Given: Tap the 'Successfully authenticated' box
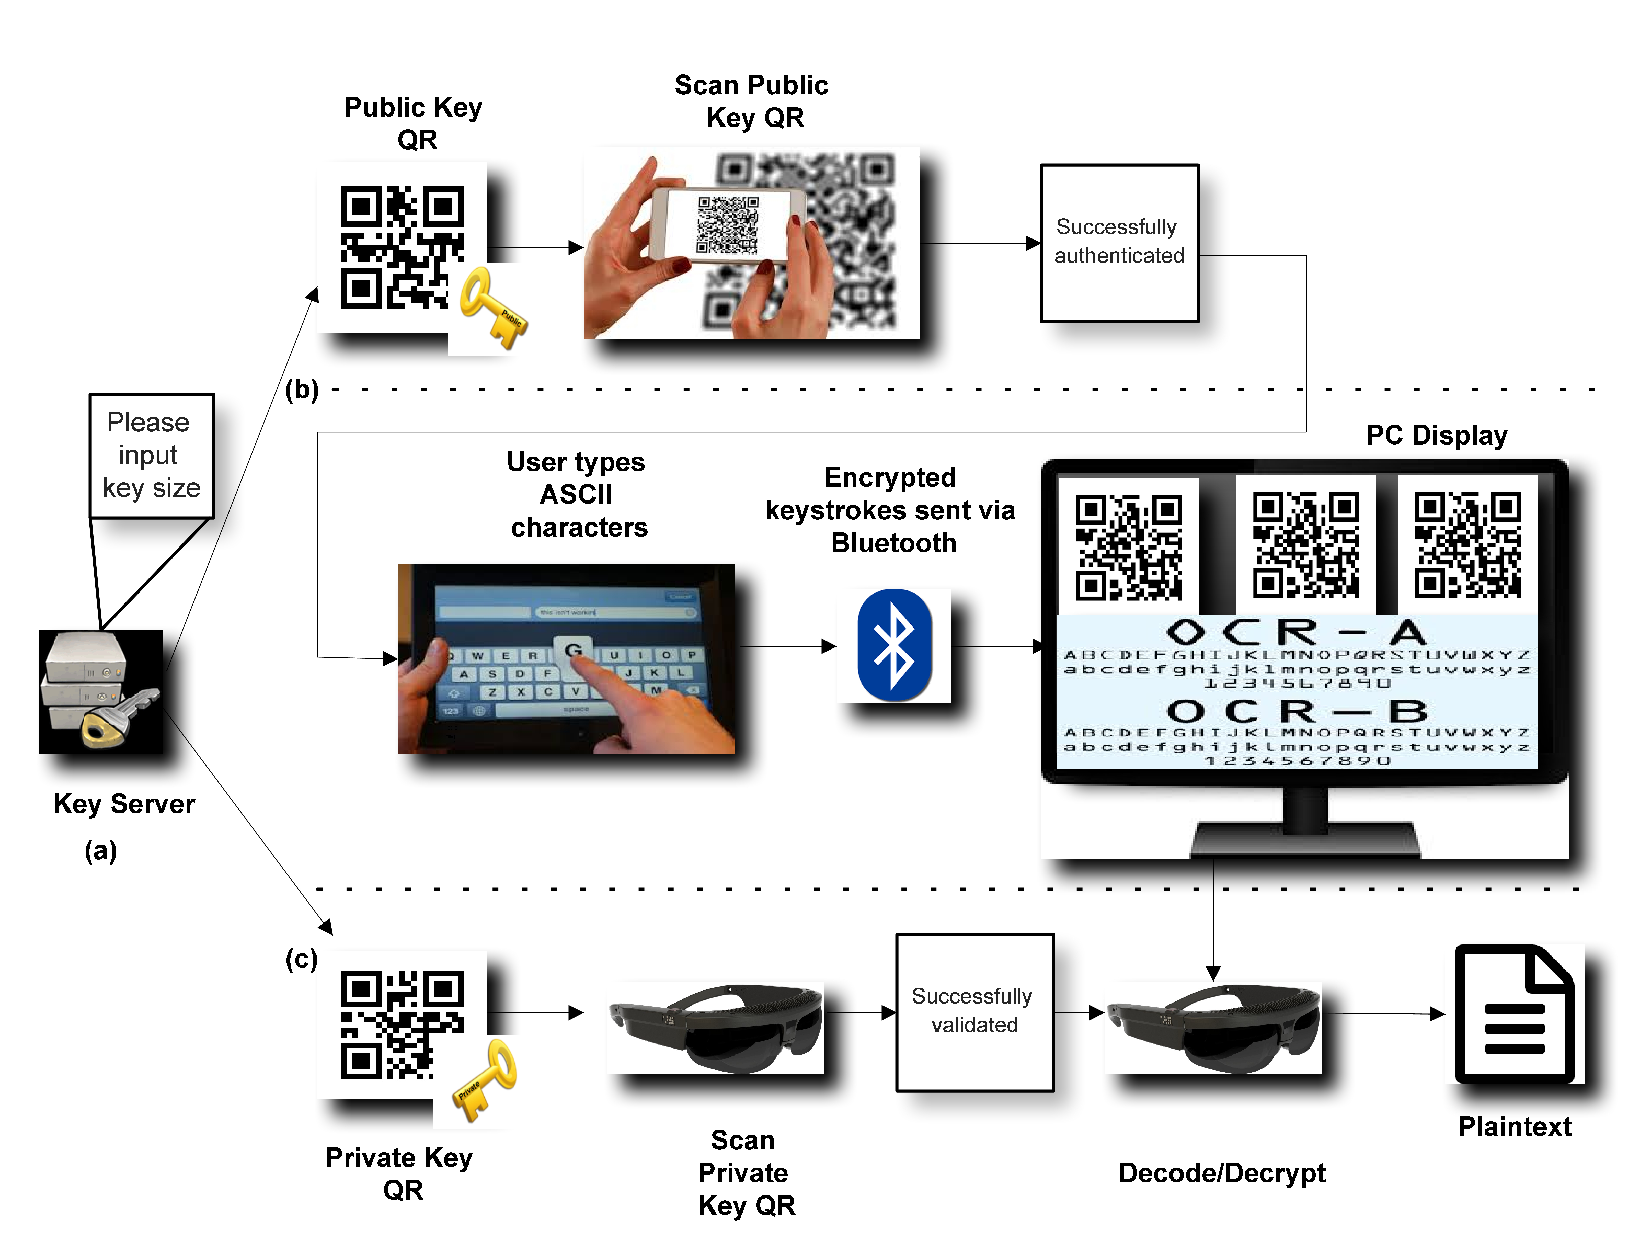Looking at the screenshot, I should click(1119, 242).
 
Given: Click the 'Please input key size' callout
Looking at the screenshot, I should click(151, 455).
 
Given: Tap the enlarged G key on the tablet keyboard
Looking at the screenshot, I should click(573, 650).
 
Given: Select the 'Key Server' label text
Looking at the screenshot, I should click(124, 804).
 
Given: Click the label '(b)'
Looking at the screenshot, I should click(301, 389).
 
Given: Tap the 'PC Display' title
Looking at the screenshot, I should click(1436, 435).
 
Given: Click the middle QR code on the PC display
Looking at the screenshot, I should click(1305, 544).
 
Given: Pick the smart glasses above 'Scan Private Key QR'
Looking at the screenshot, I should click(716, 1028).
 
